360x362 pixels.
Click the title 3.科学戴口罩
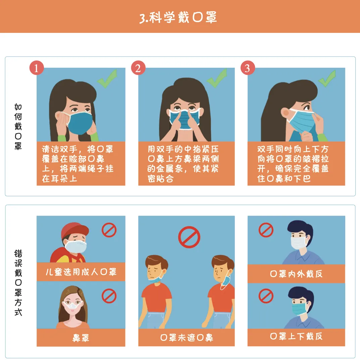tap(178, 18)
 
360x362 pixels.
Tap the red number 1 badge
tap(37, 68)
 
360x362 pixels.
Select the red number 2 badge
tap(138, 68)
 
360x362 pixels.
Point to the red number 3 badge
tap(248, 68)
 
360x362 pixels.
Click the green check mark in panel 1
tap(107, 79)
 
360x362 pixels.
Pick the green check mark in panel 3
tap(327, 79)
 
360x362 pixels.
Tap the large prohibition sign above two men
tap(189, 237)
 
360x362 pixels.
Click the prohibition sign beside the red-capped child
tap(109, 230)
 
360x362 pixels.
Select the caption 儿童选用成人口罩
tap(81, 272)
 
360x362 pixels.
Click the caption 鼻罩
tap(81, 338)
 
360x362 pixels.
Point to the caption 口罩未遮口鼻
tap(187, 338)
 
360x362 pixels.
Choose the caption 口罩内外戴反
tap(296, 274)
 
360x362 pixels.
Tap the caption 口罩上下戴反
tap(296, 336)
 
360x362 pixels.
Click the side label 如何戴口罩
tap(18, 126)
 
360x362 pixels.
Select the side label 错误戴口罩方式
tap(18, 282)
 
